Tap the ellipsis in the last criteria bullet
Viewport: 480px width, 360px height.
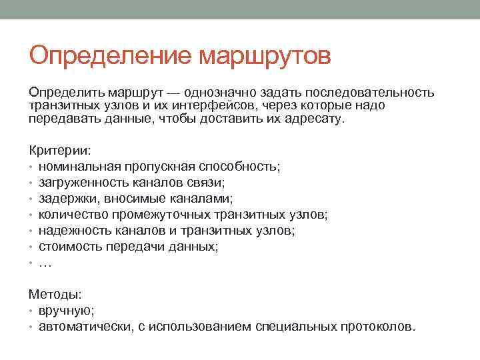pyautogui.click(x=45, y=263)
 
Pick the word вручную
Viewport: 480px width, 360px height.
pyautogui.click(x=66, y=311)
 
